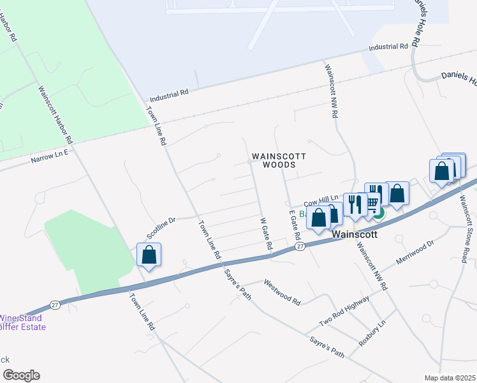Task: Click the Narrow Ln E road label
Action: pos(48,155)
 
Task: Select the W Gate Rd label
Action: pos(267,234)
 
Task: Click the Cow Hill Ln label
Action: pos(323,200)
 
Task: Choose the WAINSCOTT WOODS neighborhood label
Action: pos(279,160)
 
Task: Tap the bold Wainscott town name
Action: pos(356,234)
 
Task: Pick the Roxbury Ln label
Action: pos(373,333)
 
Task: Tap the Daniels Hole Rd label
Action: pos(416,22)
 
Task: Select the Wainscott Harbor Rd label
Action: pos(55,114)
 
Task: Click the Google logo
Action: pos(21,375)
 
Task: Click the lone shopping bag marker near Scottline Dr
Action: pos(149,255)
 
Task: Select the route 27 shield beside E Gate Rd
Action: pos(298,246)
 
